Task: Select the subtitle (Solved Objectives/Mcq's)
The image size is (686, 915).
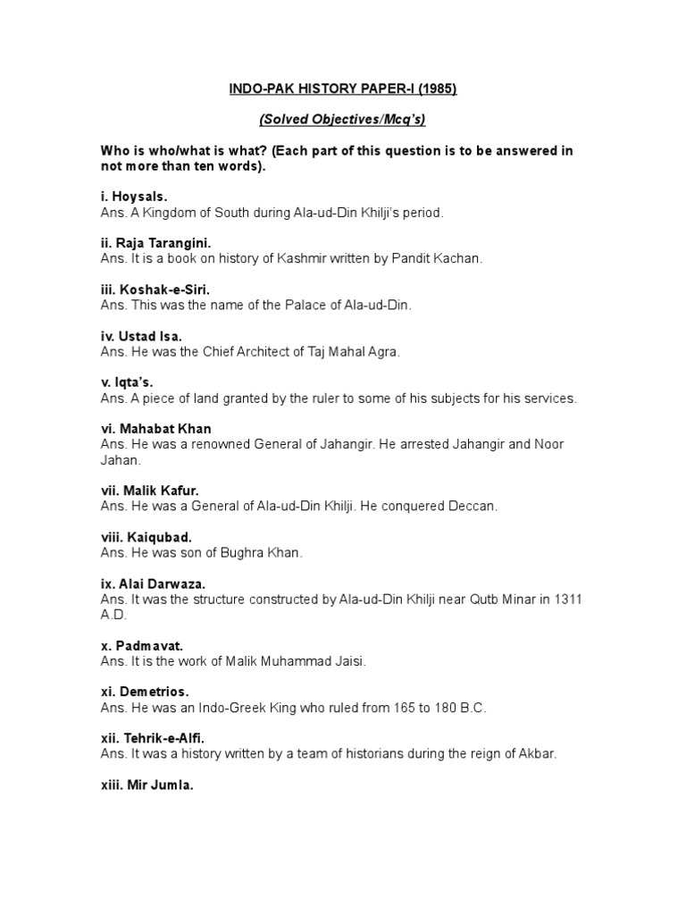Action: pyautogui.click(x=342, y=120)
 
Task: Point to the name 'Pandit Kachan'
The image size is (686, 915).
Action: pyautogui.click(x=443, y=258)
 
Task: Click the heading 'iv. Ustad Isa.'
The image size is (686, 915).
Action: pyautogui.click(x=141, y=336)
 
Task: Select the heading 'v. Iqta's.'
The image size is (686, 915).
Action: pyautogui.click(x=127, y=382)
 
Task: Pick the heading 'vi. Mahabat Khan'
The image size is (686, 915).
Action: pyautogui.click(x=156, y=429)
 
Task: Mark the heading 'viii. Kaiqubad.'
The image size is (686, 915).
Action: pyautogui.click(x=146, y=538)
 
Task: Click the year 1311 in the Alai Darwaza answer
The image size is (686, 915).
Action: pyautogui.click(x=566, y=600)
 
